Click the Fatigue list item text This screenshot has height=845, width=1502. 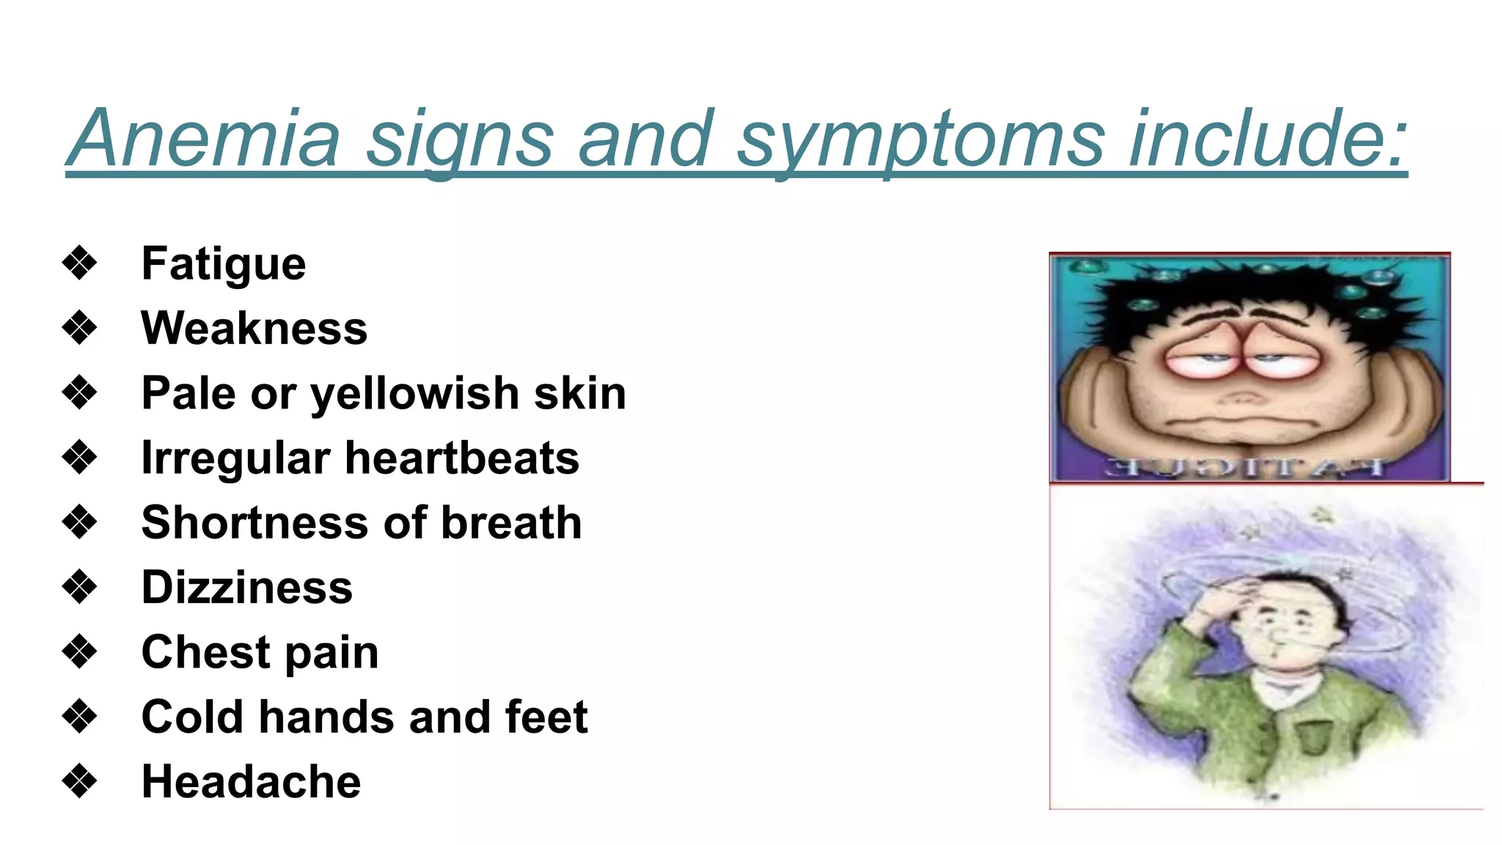coord(224,264)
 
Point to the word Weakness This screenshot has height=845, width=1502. coord(254,328)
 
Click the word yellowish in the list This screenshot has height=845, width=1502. coord(415,394)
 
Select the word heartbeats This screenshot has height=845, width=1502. coord(462,458)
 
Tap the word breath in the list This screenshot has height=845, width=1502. coord(511,522)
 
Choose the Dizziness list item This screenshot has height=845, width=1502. coord(246,588)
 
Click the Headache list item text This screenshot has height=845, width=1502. coord(251,781)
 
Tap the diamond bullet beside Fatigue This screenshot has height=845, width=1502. coord(79,263)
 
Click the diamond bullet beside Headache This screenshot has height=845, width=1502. coord(79,781)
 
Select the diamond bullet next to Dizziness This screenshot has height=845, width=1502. coord(79,587)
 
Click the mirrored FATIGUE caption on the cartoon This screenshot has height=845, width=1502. coord(1244,467)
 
